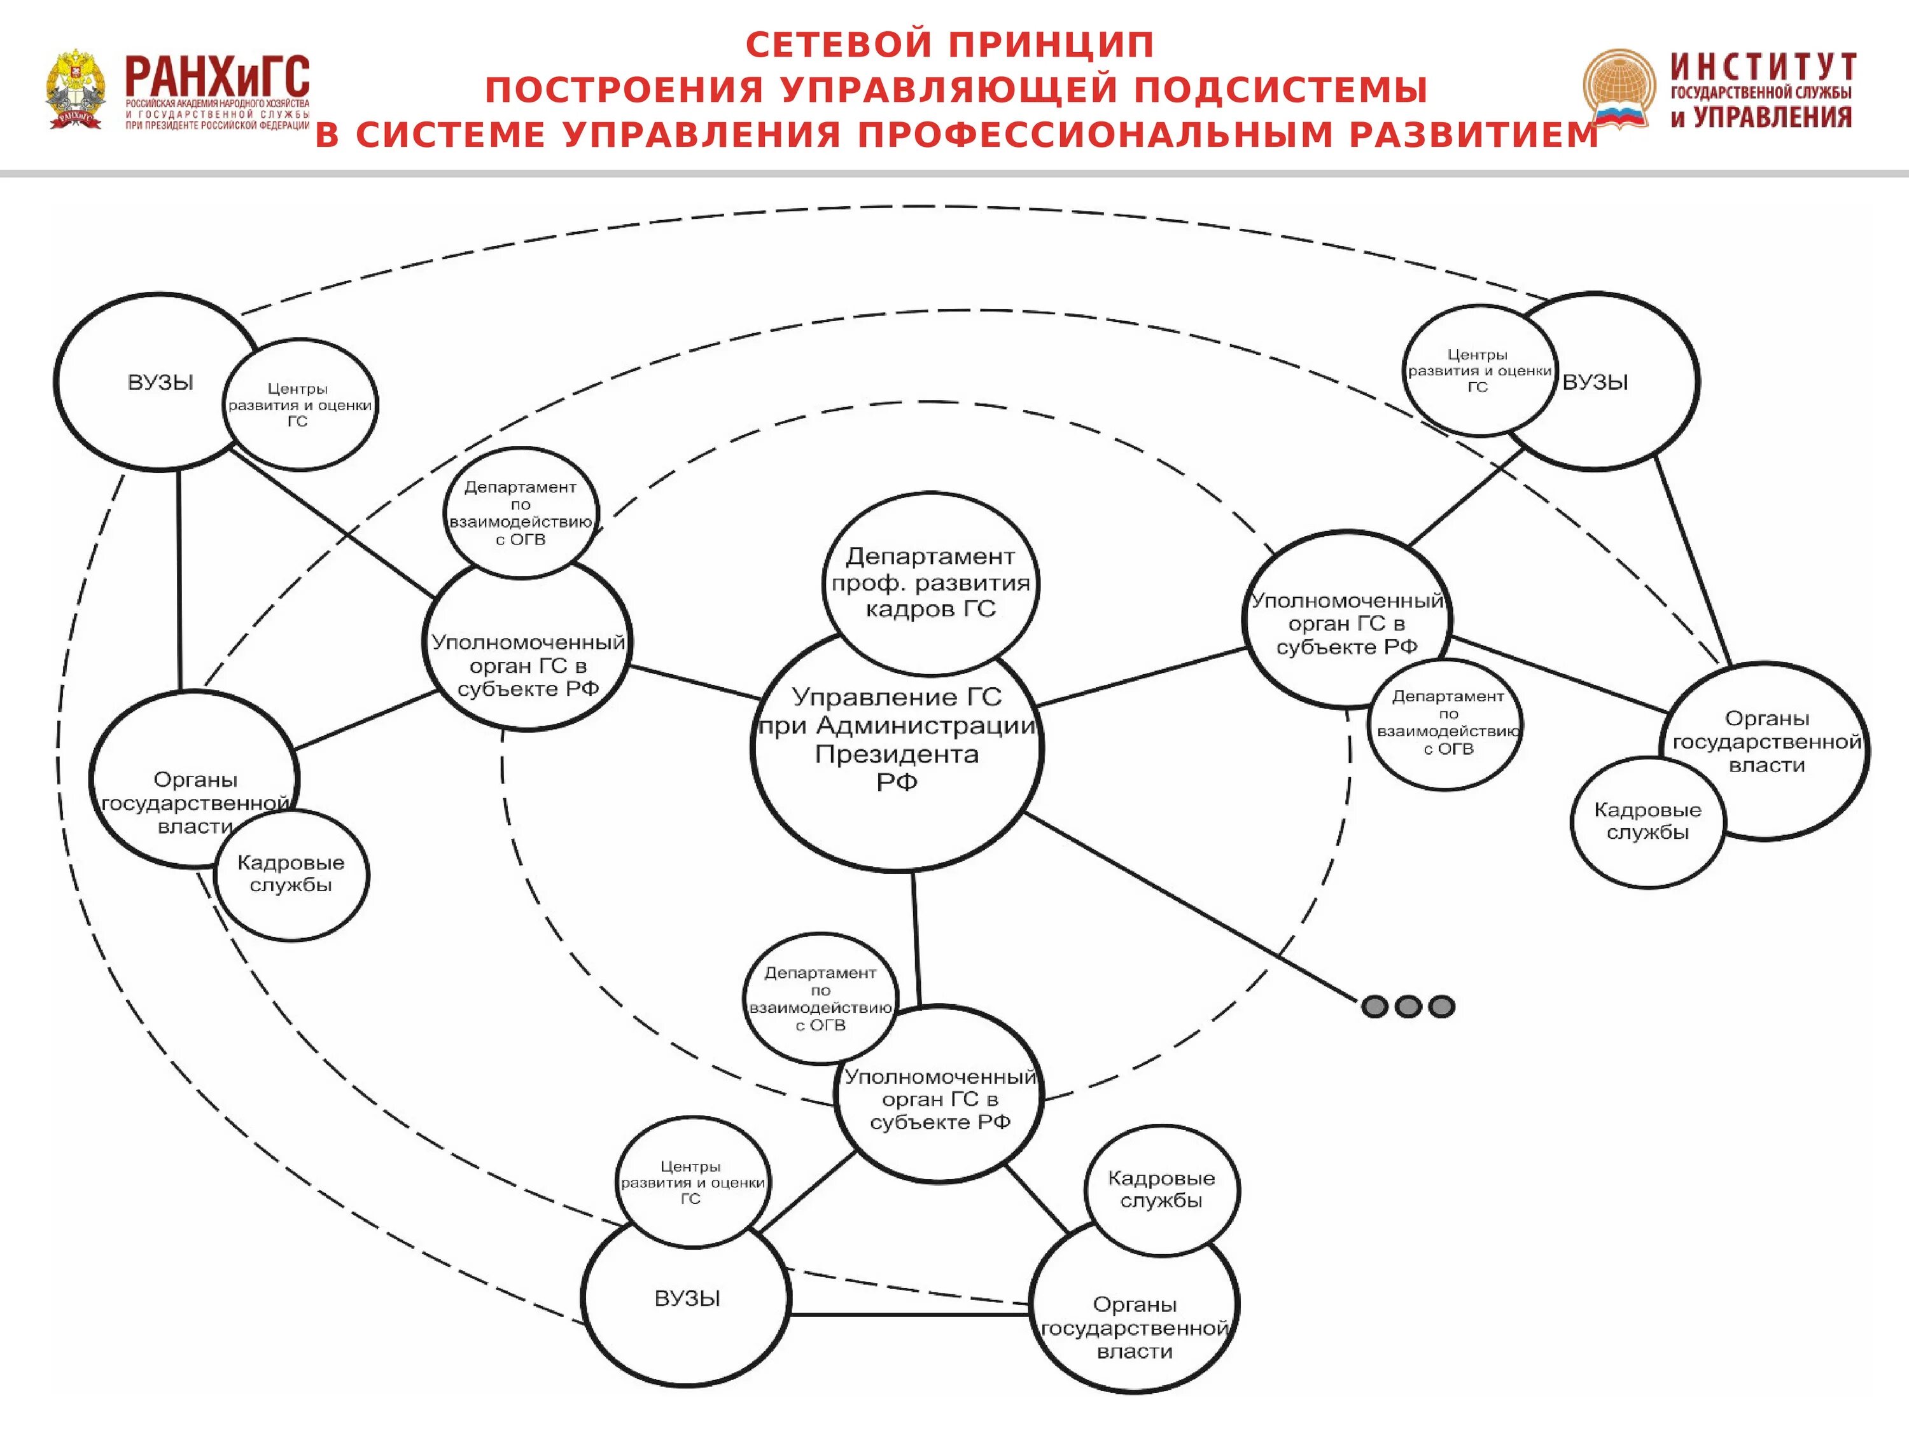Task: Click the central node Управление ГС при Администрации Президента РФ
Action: point(897,750)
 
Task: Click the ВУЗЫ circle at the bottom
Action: point(687,1299)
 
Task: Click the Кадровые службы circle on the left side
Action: point(291,874)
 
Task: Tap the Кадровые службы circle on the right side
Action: point(1647,821)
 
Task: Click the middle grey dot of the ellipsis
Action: point(1408,1007)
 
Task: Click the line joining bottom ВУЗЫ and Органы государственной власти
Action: point(909,1315)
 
